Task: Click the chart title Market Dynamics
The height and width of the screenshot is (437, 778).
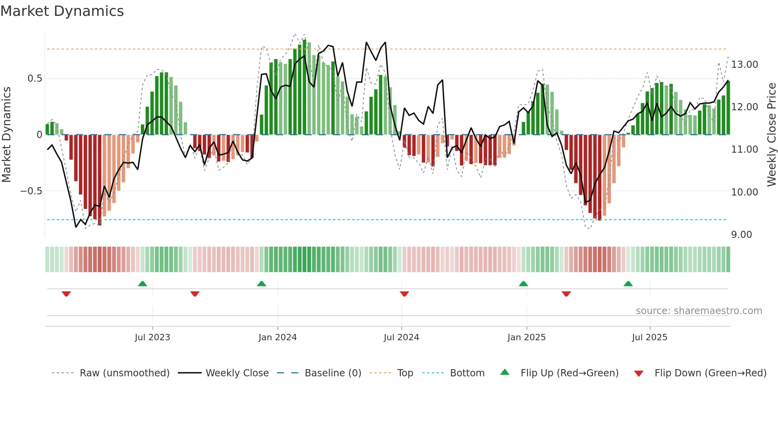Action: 62,11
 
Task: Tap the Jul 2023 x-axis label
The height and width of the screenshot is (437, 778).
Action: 152,337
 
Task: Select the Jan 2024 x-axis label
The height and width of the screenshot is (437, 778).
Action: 277,337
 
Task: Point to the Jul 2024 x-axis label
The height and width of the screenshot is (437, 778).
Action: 401,337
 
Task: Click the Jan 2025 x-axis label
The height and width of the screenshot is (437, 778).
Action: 526,337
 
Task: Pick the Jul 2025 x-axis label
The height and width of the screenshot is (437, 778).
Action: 649,337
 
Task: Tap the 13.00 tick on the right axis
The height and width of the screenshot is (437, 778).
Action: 744,65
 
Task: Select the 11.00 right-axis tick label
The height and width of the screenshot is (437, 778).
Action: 744,149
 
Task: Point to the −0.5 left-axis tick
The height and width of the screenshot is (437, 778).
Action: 31,191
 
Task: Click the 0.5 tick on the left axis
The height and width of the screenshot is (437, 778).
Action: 35,79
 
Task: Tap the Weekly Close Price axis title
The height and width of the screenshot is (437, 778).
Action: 771,134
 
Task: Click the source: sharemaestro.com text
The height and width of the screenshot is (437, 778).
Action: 699,311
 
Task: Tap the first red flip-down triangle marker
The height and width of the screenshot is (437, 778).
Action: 66,294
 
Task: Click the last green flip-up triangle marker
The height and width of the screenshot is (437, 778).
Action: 628,284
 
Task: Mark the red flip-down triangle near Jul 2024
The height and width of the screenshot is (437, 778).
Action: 404,294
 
